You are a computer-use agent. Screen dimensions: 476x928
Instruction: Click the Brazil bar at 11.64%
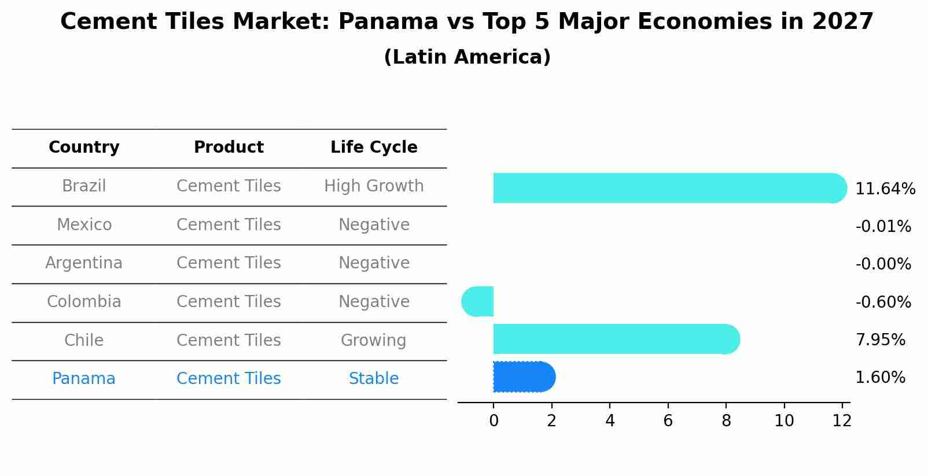point(665,188)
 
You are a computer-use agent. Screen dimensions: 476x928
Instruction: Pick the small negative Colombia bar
point(478,301)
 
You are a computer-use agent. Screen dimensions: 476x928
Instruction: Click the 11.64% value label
point(885,189)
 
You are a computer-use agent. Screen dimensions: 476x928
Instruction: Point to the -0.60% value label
point(883,302)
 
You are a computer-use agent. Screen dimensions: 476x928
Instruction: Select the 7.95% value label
point(880,340)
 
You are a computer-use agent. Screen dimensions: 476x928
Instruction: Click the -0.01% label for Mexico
point(883,227)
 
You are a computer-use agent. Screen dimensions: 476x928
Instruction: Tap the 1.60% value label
point(880,378)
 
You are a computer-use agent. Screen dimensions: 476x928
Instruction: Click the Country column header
point(84,147)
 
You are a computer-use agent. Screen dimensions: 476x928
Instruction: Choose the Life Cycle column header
point(374,147)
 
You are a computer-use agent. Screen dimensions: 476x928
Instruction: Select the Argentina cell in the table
point(84,263)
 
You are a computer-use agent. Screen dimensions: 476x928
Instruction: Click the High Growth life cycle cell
point(374,186)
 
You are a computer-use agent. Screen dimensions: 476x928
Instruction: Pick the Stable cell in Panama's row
point(374,379)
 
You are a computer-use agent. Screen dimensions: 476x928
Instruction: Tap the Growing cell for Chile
point(374,340)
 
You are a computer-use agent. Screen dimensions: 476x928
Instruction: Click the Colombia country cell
point(84,302)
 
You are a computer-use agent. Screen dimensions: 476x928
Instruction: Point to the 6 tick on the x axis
point(668,420)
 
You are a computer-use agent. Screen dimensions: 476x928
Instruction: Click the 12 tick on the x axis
point(842,420)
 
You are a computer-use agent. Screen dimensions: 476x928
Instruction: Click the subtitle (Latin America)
point(467,57)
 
